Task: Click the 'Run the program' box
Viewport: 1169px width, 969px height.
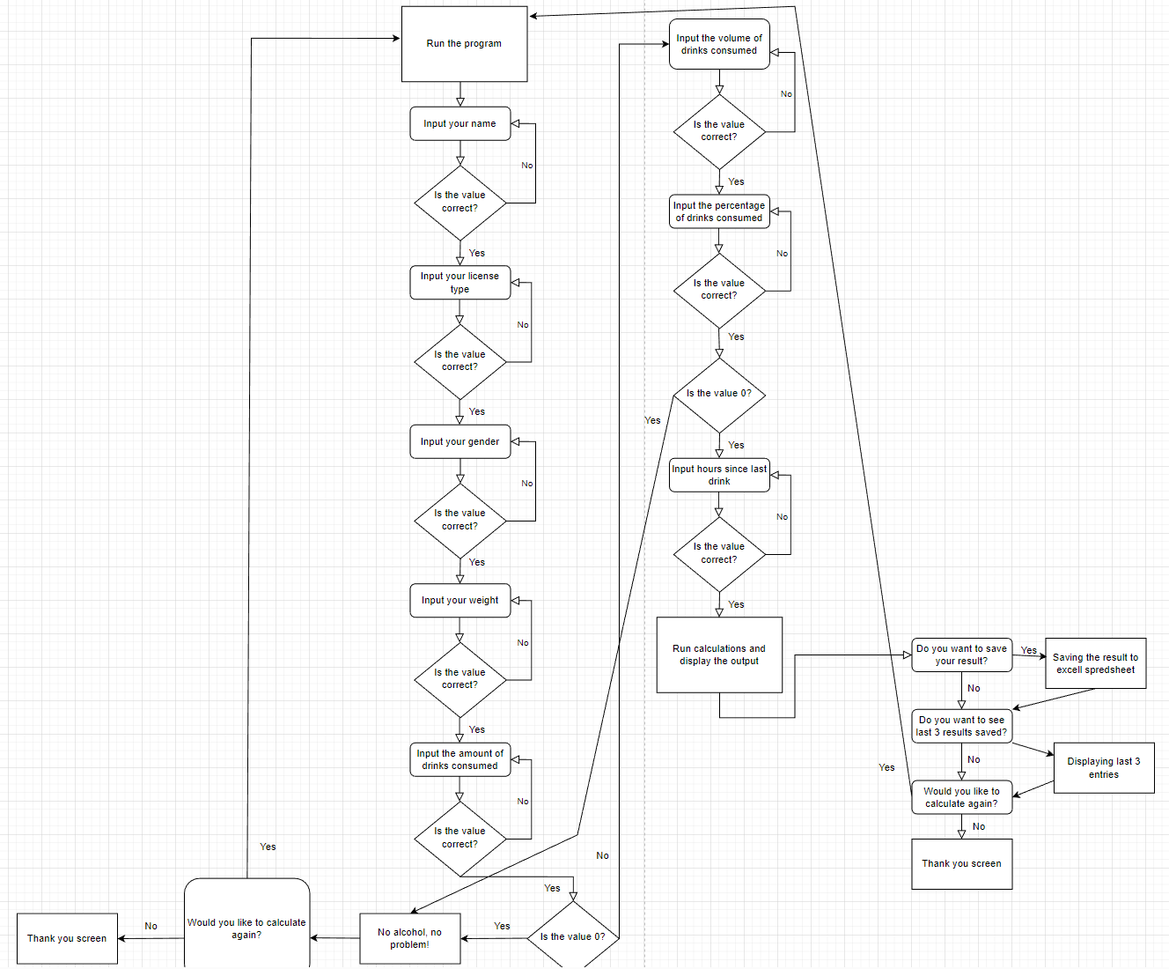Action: point(464,44)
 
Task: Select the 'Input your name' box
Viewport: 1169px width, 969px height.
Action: point(460,123)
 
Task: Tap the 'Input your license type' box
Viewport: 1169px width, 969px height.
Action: point(460,283)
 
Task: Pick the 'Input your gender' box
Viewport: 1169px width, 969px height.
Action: point(460,441)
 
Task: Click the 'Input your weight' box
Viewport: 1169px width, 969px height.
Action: point(460,600)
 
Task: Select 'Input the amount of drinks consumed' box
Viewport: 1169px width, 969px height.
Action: point(460,759)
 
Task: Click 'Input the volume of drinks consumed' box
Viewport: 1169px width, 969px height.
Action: point(719,44)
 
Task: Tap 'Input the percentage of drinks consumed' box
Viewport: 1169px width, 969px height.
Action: point(719,211)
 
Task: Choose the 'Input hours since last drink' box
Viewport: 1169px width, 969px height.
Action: point(719,475)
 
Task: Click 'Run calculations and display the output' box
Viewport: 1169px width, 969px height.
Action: point(719,655)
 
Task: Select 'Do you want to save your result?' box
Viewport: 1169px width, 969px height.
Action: point(961,655)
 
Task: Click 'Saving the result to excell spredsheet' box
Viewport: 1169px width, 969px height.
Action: point(1095,663)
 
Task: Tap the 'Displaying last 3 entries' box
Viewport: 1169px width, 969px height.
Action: point(1103,767)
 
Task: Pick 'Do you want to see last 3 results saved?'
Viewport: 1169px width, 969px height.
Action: point(961,726)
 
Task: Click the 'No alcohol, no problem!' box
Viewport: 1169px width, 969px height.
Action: point(410,938)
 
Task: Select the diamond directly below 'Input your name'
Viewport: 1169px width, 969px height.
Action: point(460,203)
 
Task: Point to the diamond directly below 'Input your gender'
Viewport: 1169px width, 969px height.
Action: point(460,520)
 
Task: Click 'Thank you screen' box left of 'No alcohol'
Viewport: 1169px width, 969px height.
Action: point(67,938)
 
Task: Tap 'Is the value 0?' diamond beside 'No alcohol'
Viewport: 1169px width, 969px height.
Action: point(573,936)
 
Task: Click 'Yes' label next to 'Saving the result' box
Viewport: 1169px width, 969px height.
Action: point(1028,650)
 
